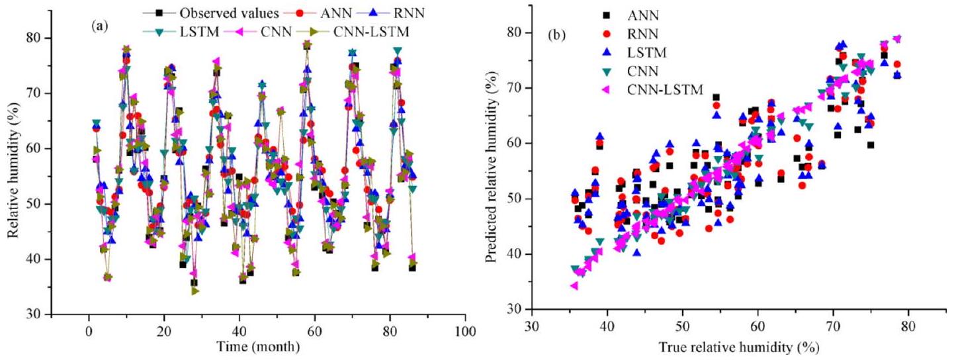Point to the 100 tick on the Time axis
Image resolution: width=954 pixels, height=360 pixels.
(465, 330)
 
